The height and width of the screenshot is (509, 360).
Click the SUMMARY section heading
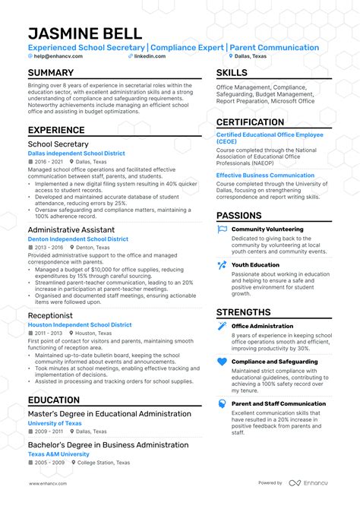[51, 73]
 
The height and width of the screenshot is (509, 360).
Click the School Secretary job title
[58, 144]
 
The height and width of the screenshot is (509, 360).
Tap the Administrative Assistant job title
[71, 229]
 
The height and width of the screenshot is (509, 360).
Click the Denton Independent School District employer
[78, 239]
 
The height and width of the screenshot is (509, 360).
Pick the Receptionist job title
[51, 315]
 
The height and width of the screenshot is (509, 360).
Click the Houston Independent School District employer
[80, 324]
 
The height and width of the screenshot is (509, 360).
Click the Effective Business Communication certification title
[265, 175]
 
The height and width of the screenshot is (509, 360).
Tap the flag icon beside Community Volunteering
[222, 229]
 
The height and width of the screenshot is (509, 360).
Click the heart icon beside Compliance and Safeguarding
[222, 362]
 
